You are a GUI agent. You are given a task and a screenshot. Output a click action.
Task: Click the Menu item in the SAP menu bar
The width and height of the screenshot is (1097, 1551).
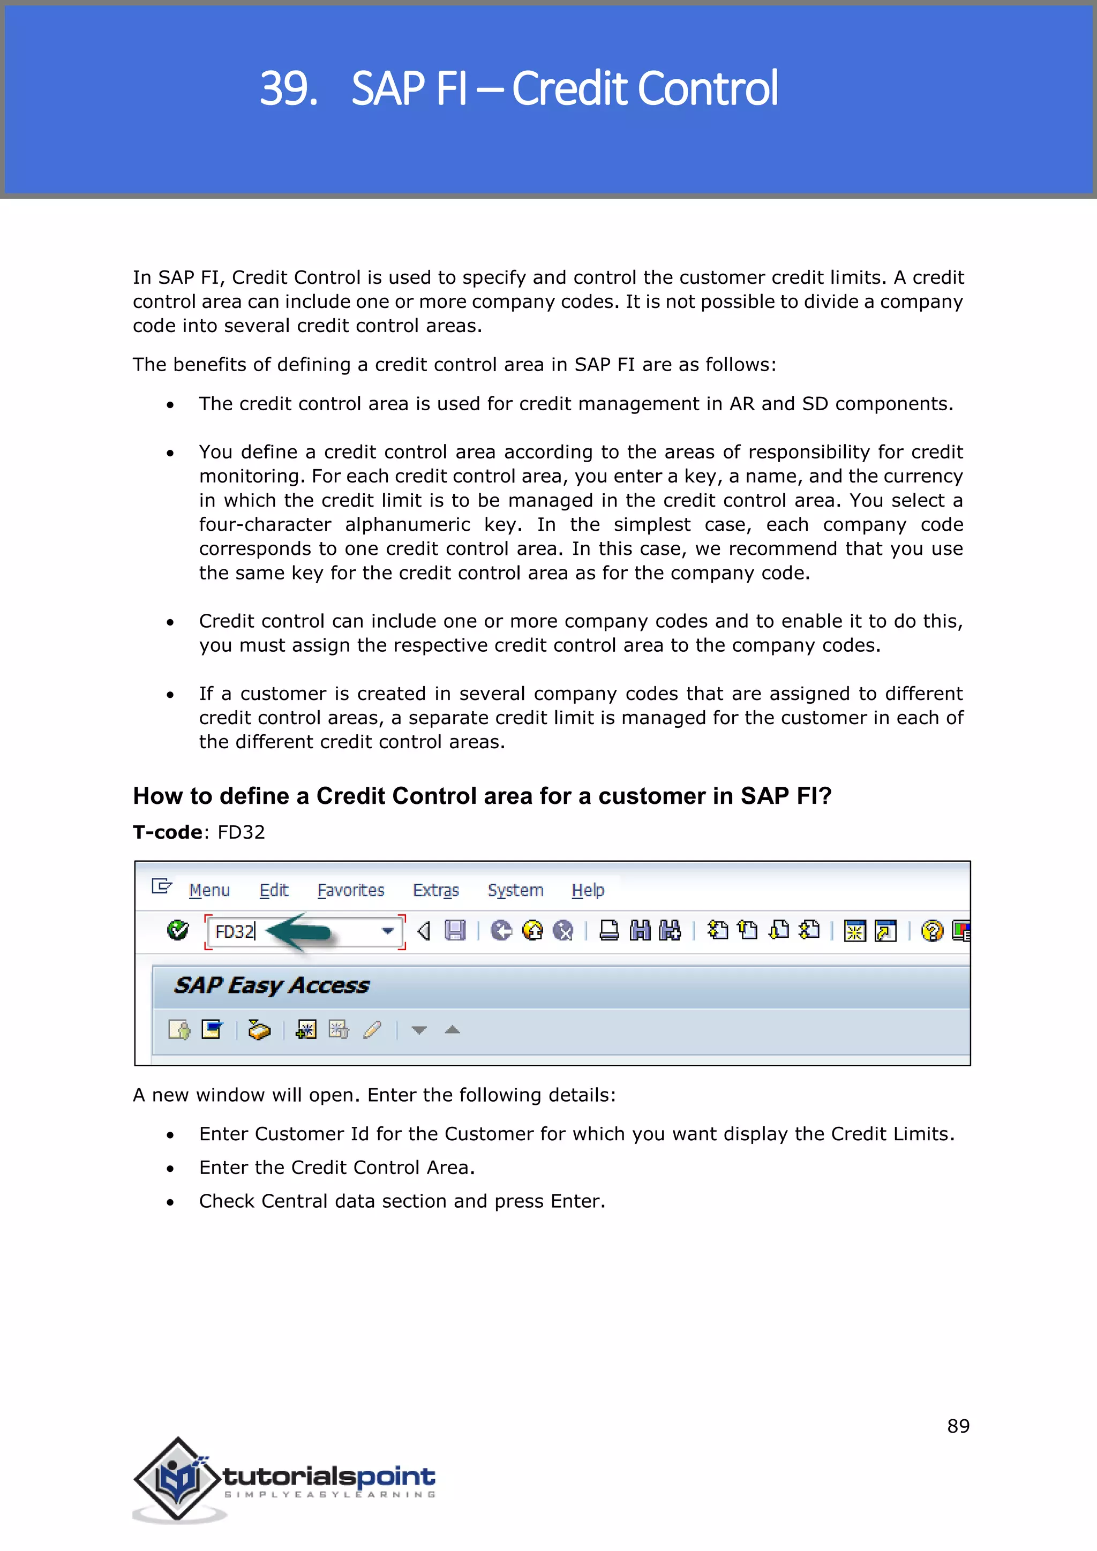(x=209, y=890)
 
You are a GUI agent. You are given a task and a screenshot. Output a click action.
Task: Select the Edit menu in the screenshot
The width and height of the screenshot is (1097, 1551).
(x=274, y=890)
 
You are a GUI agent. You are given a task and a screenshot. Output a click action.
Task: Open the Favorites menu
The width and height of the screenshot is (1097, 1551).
(x=351, y=890)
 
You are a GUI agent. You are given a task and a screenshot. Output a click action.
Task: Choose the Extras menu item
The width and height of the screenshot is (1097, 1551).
(x=435, y=890)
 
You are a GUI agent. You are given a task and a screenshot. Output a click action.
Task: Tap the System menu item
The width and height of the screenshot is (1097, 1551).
(x=515, y=890)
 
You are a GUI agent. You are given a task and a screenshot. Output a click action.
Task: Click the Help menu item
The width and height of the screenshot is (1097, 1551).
(x=588, y=890)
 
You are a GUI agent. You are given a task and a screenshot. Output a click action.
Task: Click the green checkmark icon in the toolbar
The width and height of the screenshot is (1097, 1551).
(x=178, y=930)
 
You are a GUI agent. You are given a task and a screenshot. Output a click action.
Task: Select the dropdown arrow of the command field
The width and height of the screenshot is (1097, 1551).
(x=388, y=931)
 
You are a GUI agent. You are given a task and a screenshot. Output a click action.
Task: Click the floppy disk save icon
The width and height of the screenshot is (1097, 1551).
(x=455, y=931)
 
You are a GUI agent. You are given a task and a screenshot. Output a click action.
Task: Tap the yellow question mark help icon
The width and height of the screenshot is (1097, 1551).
(x=931, y=931)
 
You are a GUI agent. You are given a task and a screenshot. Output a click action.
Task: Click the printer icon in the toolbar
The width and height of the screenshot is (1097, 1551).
(x=608, y=931)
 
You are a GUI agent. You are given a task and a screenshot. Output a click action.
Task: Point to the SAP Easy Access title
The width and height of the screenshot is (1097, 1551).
(x=272, y=985)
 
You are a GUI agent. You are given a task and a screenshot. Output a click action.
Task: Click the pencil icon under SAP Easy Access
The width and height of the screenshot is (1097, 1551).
(x=372, y=1029)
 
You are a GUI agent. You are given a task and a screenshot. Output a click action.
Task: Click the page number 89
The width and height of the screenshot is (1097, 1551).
(x=958, y=1426)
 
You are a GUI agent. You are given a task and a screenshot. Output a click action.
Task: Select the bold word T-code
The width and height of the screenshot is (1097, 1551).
(x=167, y=832)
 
